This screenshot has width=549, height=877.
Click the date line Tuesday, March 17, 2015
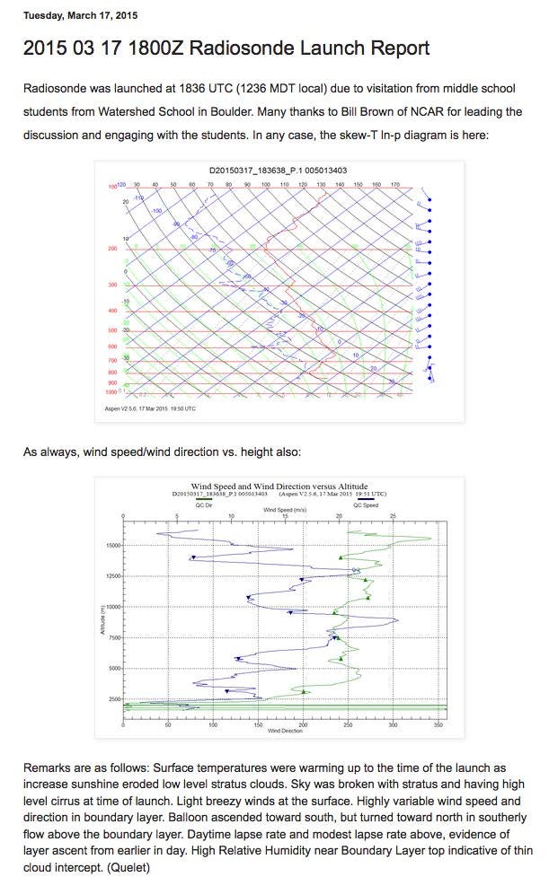pos(80,16)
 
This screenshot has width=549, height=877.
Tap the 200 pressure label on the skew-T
pos(113,249)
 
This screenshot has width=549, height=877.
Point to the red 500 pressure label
pos(113,330)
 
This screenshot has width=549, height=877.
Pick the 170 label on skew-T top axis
pos(394,184)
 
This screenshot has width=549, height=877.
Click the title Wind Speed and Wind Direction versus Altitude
pos(279,487)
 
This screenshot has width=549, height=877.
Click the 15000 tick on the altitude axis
pos(111,545)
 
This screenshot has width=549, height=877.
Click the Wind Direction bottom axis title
pos(285,731)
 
